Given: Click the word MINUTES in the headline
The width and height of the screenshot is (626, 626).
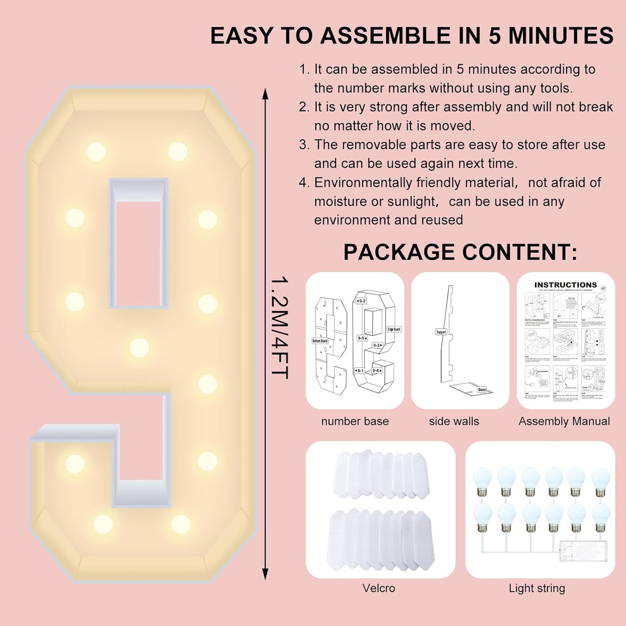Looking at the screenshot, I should tap(561, 36).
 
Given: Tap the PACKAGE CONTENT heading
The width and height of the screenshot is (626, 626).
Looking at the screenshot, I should tap(460, 252).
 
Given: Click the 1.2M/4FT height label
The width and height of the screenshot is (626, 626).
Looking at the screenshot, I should tap(279, 328).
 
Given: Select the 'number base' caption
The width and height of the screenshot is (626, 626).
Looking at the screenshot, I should tap(355, 421).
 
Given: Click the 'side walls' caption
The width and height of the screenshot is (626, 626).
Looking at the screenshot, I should tap(454, 421).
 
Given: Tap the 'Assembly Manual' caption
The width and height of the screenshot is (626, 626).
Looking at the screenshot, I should tap(564, 421).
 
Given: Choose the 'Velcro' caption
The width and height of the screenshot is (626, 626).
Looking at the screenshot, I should tap(379, 588).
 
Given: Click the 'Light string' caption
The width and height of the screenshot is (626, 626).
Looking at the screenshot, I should tap(537, 588).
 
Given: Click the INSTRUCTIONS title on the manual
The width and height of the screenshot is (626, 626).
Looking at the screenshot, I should tap(565, 285).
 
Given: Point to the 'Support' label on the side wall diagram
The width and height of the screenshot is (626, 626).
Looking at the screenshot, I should tap(441, 332).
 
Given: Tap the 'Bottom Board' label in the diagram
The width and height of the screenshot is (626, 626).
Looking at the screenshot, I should tap(320, 341).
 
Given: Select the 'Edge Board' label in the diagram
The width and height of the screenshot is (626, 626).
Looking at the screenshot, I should tap(394, 329).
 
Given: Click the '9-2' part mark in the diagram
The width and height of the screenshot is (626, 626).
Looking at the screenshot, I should tap(361, 301).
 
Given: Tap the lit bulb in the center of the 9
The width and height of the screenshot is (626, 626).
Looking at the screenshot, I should tap(139, 347).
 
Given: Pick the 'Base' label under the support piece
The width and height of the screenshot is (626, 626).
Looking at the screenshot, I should tap(482, 389).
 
